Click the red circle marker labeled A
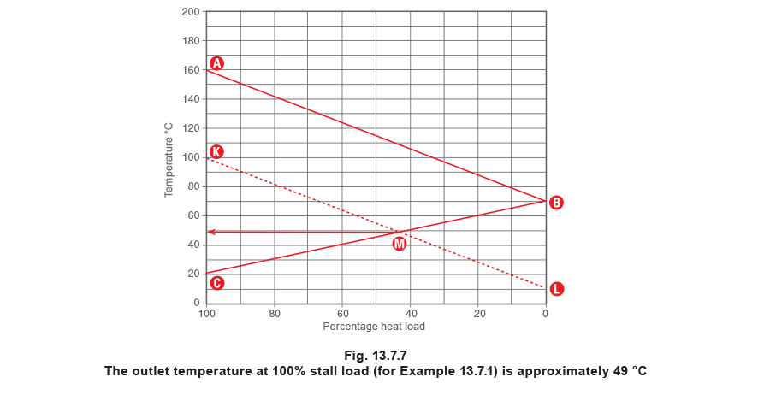point(216,63)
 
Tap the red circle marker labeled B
point(556,203)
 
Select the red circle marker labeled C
point(216,283)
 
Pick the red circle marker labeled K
point(216,151)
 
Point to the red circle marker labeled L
point(556,289)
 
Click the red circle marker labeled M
point(400,244)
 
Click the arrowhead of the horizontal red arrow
point(210,232)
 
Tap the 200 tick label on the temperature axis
point(191,12)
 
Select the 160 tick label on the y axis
point(191,70)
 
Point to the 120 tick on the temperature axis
point(191,128)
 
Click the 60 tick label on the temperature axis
point(193,215)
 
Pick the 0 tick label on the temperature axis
point(197,303)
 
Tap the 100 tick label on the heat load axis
point(207,314)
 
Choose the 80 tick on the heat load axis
point(275,314)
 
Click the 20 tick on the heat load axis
point(479,314)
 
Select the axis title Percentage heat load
point(374,327)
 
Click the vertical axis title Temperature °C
point(169,160)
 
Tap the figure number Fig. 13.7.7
point(376,356)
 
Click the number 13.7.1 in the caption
point(478,371)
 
